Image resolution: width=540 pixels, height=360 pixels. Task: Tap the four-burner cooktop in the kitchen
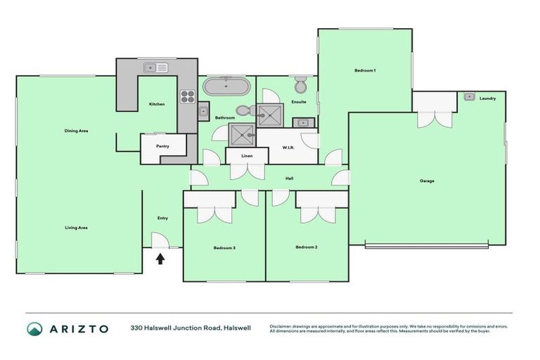pyautogui.click(x=187, y=96)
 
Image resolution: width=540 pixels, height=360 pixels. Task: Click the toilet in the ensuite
pyautogui.click(x=300, y=86)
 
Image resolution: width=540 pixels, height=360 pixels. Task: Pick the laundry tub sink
pyautogui.click(x=469, y=96)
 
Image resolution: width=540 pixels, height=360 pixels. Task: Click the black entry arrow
pyautogui.click(x=160, y=258)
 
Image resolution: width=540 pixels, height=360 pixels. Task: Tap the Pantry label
pyautogui.click(x=162, y=146)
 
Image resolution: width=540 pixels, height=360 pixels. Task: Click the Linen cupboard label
pyautogui.click(x=246, y=155)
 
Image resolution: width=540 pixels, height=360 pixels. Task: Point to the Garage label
pyautogui.click(x=427, y=181)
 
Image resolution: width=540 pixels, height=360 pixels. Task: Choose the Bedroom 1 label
pyautogui.click(x=364, y=70)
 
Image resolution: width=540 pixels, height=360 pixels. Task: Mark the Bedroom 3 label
pyautogui.click(x=224, y=247)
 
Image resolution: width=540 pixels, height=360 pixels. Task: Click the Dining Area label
pyautogui.click(x=76, y=131)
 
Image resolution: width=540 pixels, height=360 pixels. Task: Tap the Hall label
pyautogui.click(x=288, y=179)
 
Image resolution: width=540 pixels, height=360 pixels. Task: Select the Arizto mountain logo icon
pyautogui.click(x=34, y=328)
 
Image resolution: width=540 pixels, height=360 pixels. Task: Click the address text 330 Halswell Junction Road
pyautogui.click(x=176, y=328)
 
